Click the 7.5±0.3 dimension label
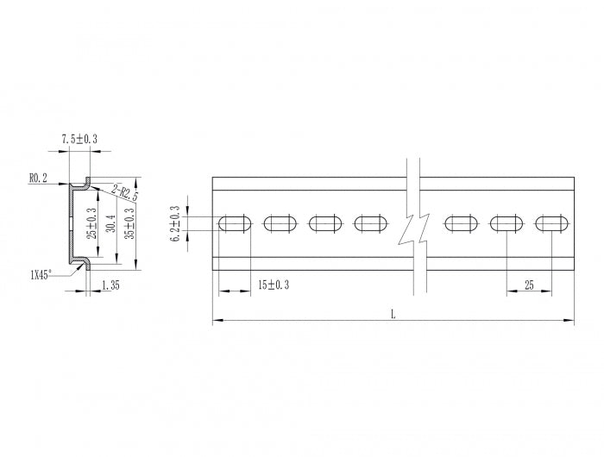(x=79, y=138)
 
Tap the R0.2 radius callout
(x=38, y=178)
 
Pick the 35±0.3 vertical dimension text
(x=129, y=222)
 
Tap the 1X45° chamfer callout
(x=40, y=274)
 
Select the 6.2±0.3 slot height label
(x=176, y=223)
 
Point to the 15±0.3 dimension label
(x=274, y=284)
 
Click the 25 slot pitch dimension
(x=529, y=284)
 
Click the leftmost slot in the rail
(x=235, y=224)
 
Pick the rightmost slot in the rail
(x=551, y=224)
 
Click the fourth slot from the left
(x=371, y=224)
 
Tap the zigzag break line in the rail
(x=412, y=226)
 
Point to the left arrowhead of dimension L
(x=215, y=321)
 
